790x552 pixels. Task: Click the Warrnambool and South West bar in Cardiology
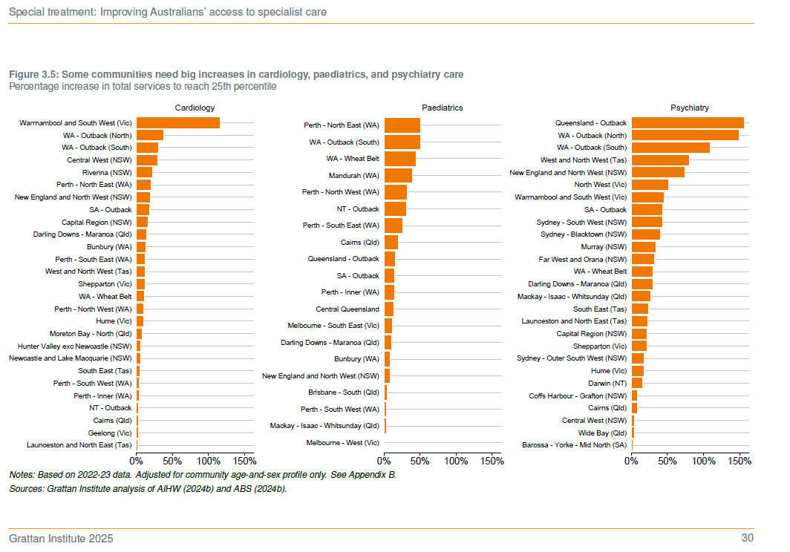click(x=178, y=122)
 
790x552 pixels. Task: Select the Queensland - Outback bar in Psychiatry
click(x=688, y=122)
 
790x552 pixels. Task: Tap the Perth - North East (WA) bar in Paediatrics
click(x=402, y=125)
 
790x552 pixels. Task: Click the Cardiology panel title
click(x=195, y=108)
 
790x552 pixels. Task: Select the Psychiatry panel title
click(x=689, y=108)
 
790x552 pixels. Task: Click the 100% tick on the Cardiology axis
click(x=208, y=461)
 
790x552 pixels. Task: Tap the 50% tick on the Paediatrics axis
click(x=420, y=461)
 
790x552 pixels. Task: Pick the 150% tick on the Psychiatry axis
click(x=740, y=461)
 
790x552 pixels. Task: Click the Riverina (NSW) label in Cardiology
click(x=107, y=172)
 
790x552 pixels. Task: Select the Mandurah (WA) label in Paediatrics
click(x=353, y=176)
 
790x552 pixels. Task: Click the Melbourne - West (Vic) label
click(x=342, y=442)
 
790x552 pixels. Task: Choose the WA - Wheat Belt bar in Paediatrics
click(x=400, y=159)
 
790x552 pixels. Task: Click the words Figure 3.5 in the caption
click(x=32, y=75)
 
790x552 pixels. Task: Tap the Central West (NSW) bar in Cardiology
click(x=147, y=160)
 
